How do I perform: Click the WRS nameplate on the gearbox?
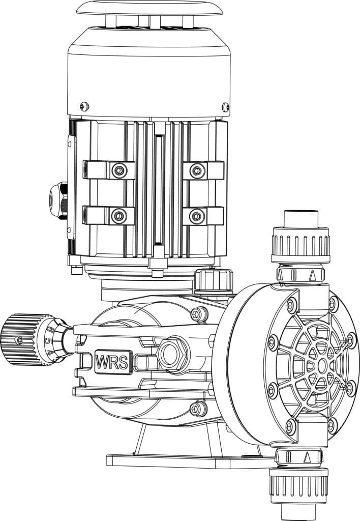[114, 361]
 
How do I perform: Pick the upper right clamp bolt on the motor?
[197, 170]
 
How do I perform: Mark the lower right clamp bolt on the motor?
[197, 216]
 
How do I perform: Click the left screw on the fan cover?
[84, 106]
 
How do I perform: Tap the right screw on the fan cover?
[225, 106]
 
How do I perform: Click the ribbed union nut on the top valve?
[299, 244]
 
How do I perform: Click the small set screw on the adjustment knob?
[19, 340]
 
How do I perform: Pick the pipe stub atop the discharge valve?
[300, 218]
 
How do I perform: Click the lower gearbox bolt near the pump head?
[199, 409]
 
